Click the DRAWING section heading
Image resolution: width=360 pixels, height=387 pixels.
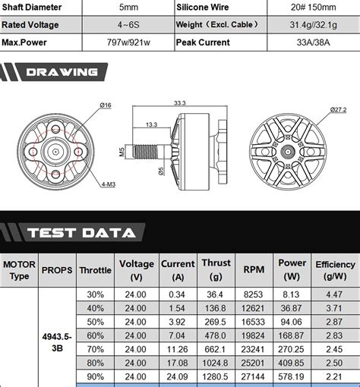click(62, 73)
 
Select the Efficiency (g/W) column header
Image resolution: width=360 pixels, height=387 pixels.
click(335, 270)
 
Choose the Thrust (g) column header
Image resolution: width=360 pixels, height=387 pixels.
click(216, 269)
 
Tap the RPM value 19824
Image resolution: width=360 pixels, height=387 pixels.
click(254, 335)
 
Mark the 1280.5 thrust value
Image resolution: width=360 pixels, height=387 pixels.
click(216, 376)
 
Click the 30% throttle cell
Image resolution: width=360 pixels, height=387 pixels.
click(96, 294)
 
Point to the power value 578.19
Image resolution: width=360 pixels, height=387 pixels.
click(292, 376)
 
